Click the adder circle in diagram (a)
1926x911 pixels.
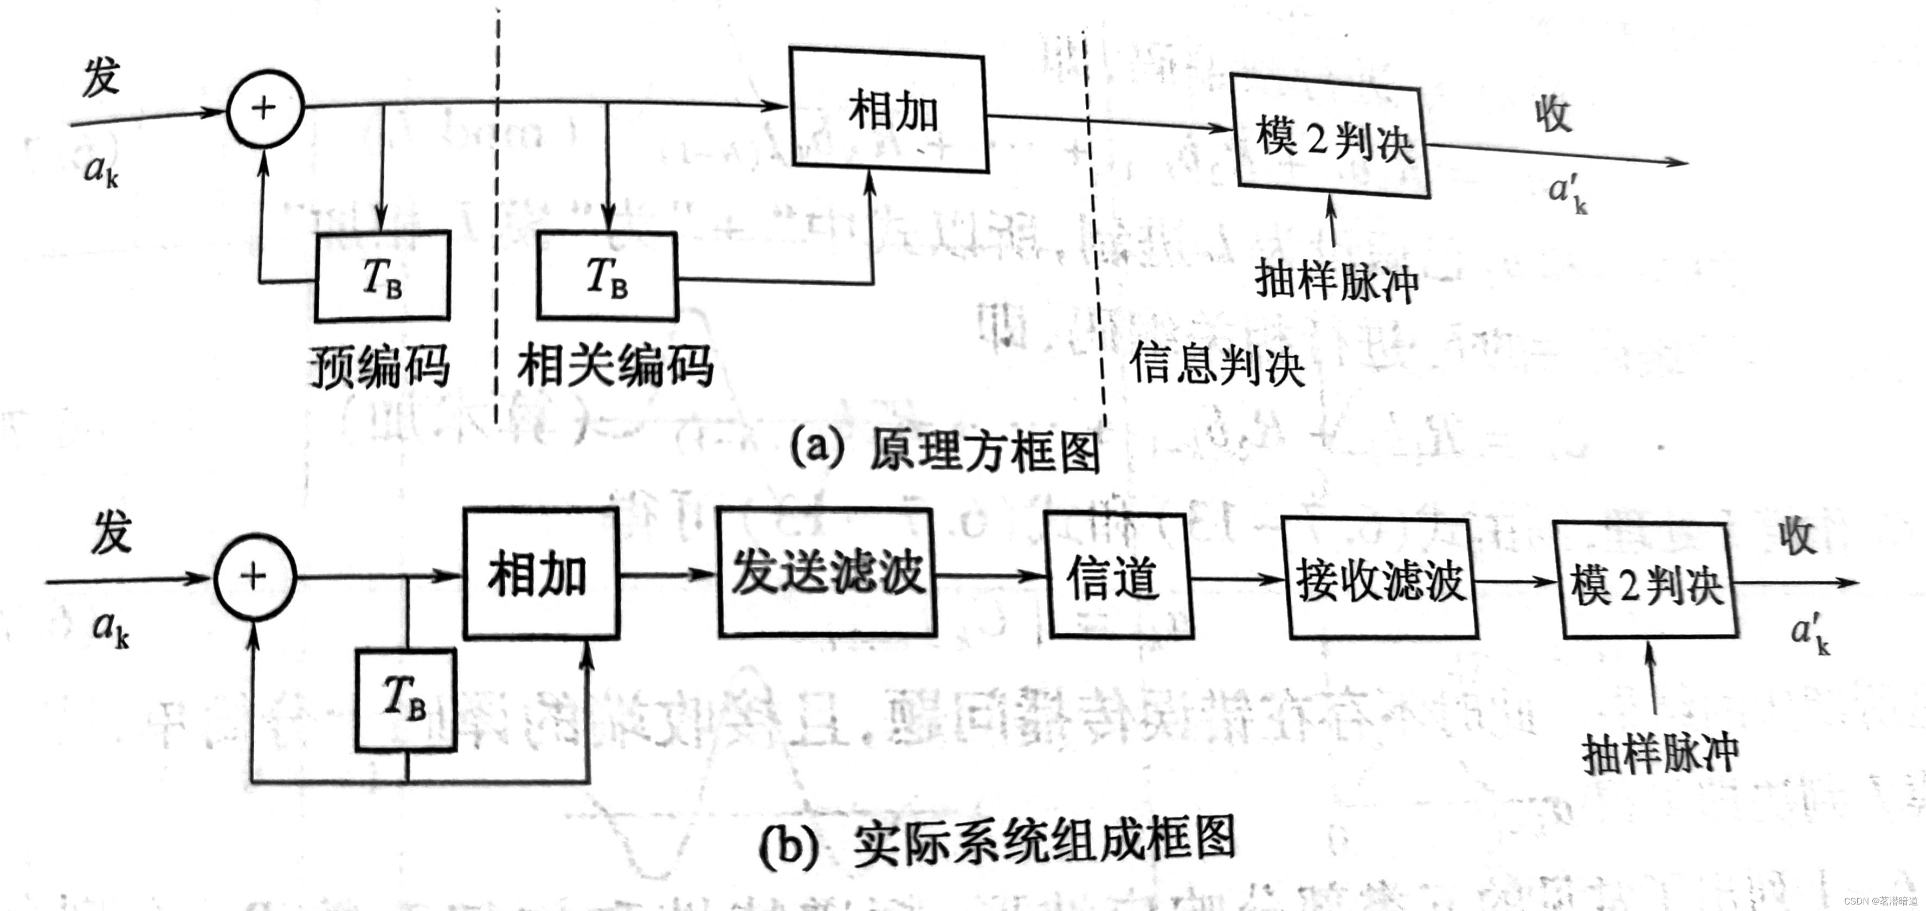[x=265, y=109]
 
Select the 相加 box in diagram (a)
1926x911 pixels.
[x=889, y=111]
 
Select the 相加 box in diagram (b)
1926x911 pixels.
[x=540, y=574]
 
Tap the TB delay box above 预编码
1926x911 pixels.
[x=382, y=277]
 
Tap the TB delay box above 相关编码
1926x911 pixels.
[x=607, y=277]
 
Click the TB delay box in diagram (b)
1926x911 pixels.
[x=406, y=700]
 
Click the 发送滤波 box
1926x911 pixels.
[x=827, y=574]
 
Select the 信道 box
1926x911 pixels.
[x=1118, y=576]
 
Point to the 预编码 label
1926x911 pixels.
[x=381, y=367]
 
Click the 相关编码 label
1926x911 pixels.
[x=615, y=365]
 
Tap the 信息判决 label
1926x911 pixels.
[x=1217, y=365]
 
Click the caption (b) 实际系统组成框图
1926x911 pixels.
[x=998, y=843]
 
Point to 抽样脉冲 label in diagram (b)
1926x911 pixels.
[x=1660, y=753]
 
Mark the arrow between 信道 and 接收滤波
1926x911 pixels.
[x=1238, y=578]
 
